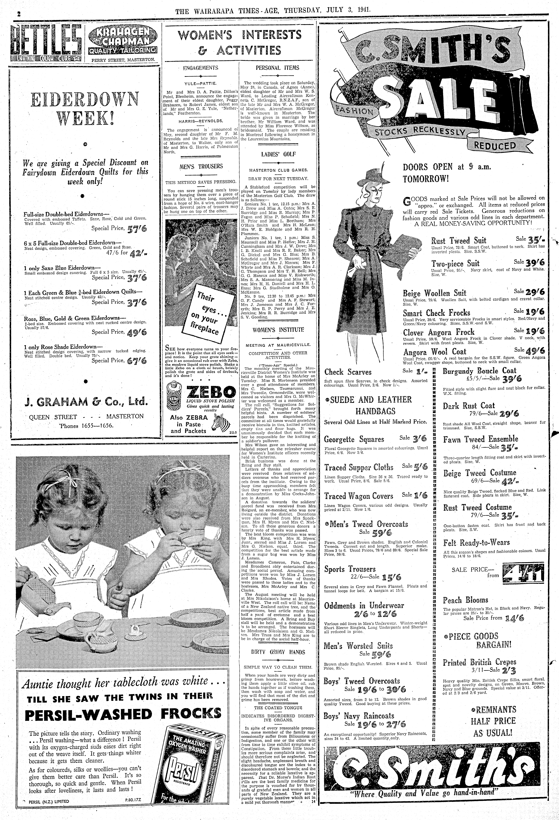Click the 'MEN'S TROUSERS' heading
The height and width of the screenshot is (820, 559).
[x=201, y=166]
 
